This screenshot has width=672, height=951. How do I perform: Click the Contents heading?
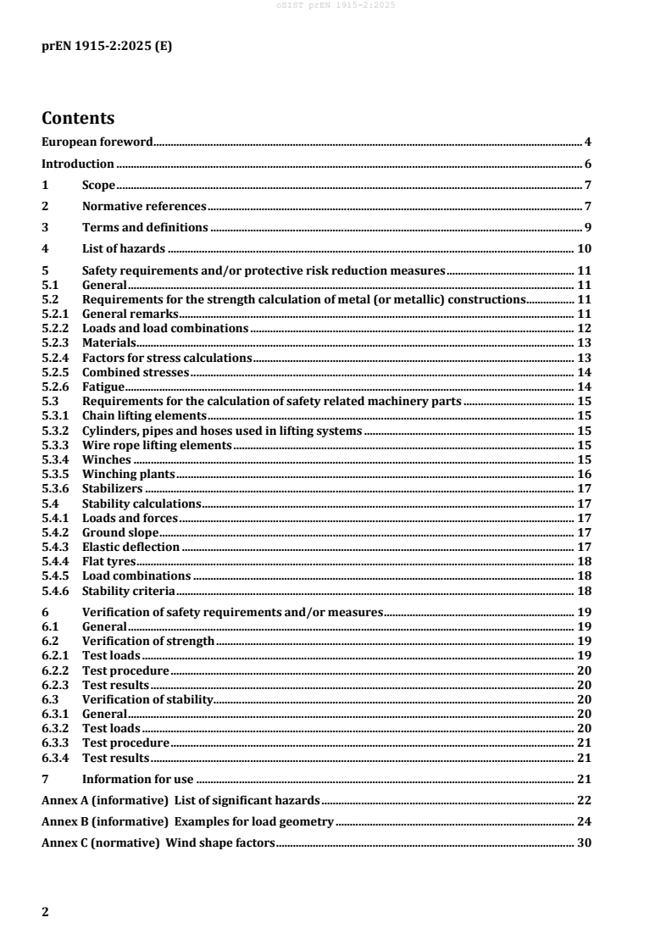78,118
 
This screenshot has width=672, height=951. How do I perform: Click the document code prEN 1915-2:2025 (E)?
107,47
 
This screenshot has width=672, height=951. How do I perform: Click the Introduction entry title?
78,164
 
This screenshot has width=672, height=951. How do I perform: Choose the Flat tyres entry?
108,561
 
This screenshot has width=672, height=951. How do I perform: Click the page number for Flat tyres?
584,561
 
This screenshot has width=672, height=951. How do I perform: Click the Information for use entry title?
137,779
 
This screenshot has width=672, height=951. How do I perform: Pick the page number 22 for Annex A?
584,799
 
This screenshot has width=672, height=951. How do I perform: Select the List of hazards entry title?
123,249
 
